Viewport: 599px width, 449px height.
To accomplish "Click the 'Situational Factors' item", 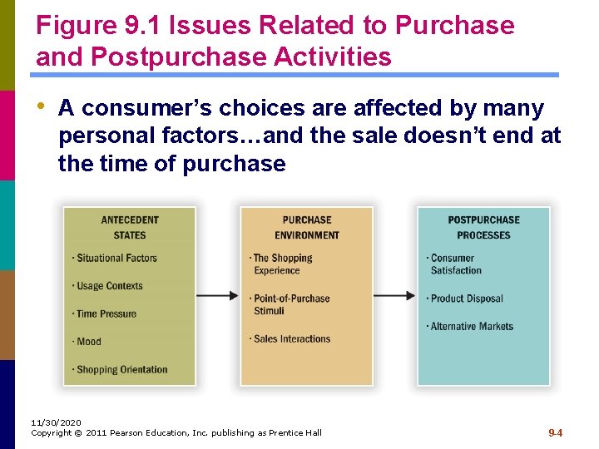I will (x=116, y=258).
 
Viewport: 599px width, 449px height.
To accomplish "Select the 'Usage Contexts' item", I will (x=109, y=286).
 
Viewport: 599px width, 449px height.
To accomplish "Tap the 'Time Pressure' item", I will (x=106, y=314).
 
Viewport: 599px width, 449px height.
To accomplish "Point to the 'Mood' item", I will (x=88, y=342).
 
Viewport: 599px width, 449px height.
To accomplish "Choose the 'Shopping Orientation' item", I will (x=121, y=370).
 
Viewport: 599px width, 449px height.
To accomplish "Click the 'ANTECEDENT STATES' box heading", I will (x=130, y=227).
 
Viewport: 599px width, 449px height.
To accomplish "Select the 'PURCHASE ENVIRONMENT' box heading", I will (x=307, y=227).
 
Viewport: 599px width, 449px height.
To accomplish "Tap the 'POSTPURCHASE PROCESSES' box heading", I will (x=483, y=227).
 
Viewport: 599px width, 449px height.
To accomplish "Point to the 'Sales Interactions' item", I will (x=291, y=339).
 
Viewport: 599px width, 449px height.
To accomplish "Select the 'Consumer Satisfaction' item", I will (x=454, y=264).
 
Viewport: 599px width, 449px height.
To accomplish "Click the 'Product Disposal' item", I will (x=466, y=299).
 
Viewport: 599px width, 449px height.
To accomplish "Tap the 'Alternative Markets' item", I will (x=471, y=327).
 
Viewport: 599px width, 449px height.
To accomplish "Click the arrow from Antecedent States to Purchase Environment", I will (x=217, y=295).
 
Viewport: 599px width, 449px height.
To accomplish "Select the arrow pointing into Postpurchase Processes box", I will (x=394, y=295).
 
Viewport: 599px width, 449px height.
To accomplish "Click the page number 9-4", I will (x=555, y=432).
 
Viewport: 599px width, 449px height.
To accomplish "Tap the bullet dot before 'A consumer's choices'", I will (x=42, y=106).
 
